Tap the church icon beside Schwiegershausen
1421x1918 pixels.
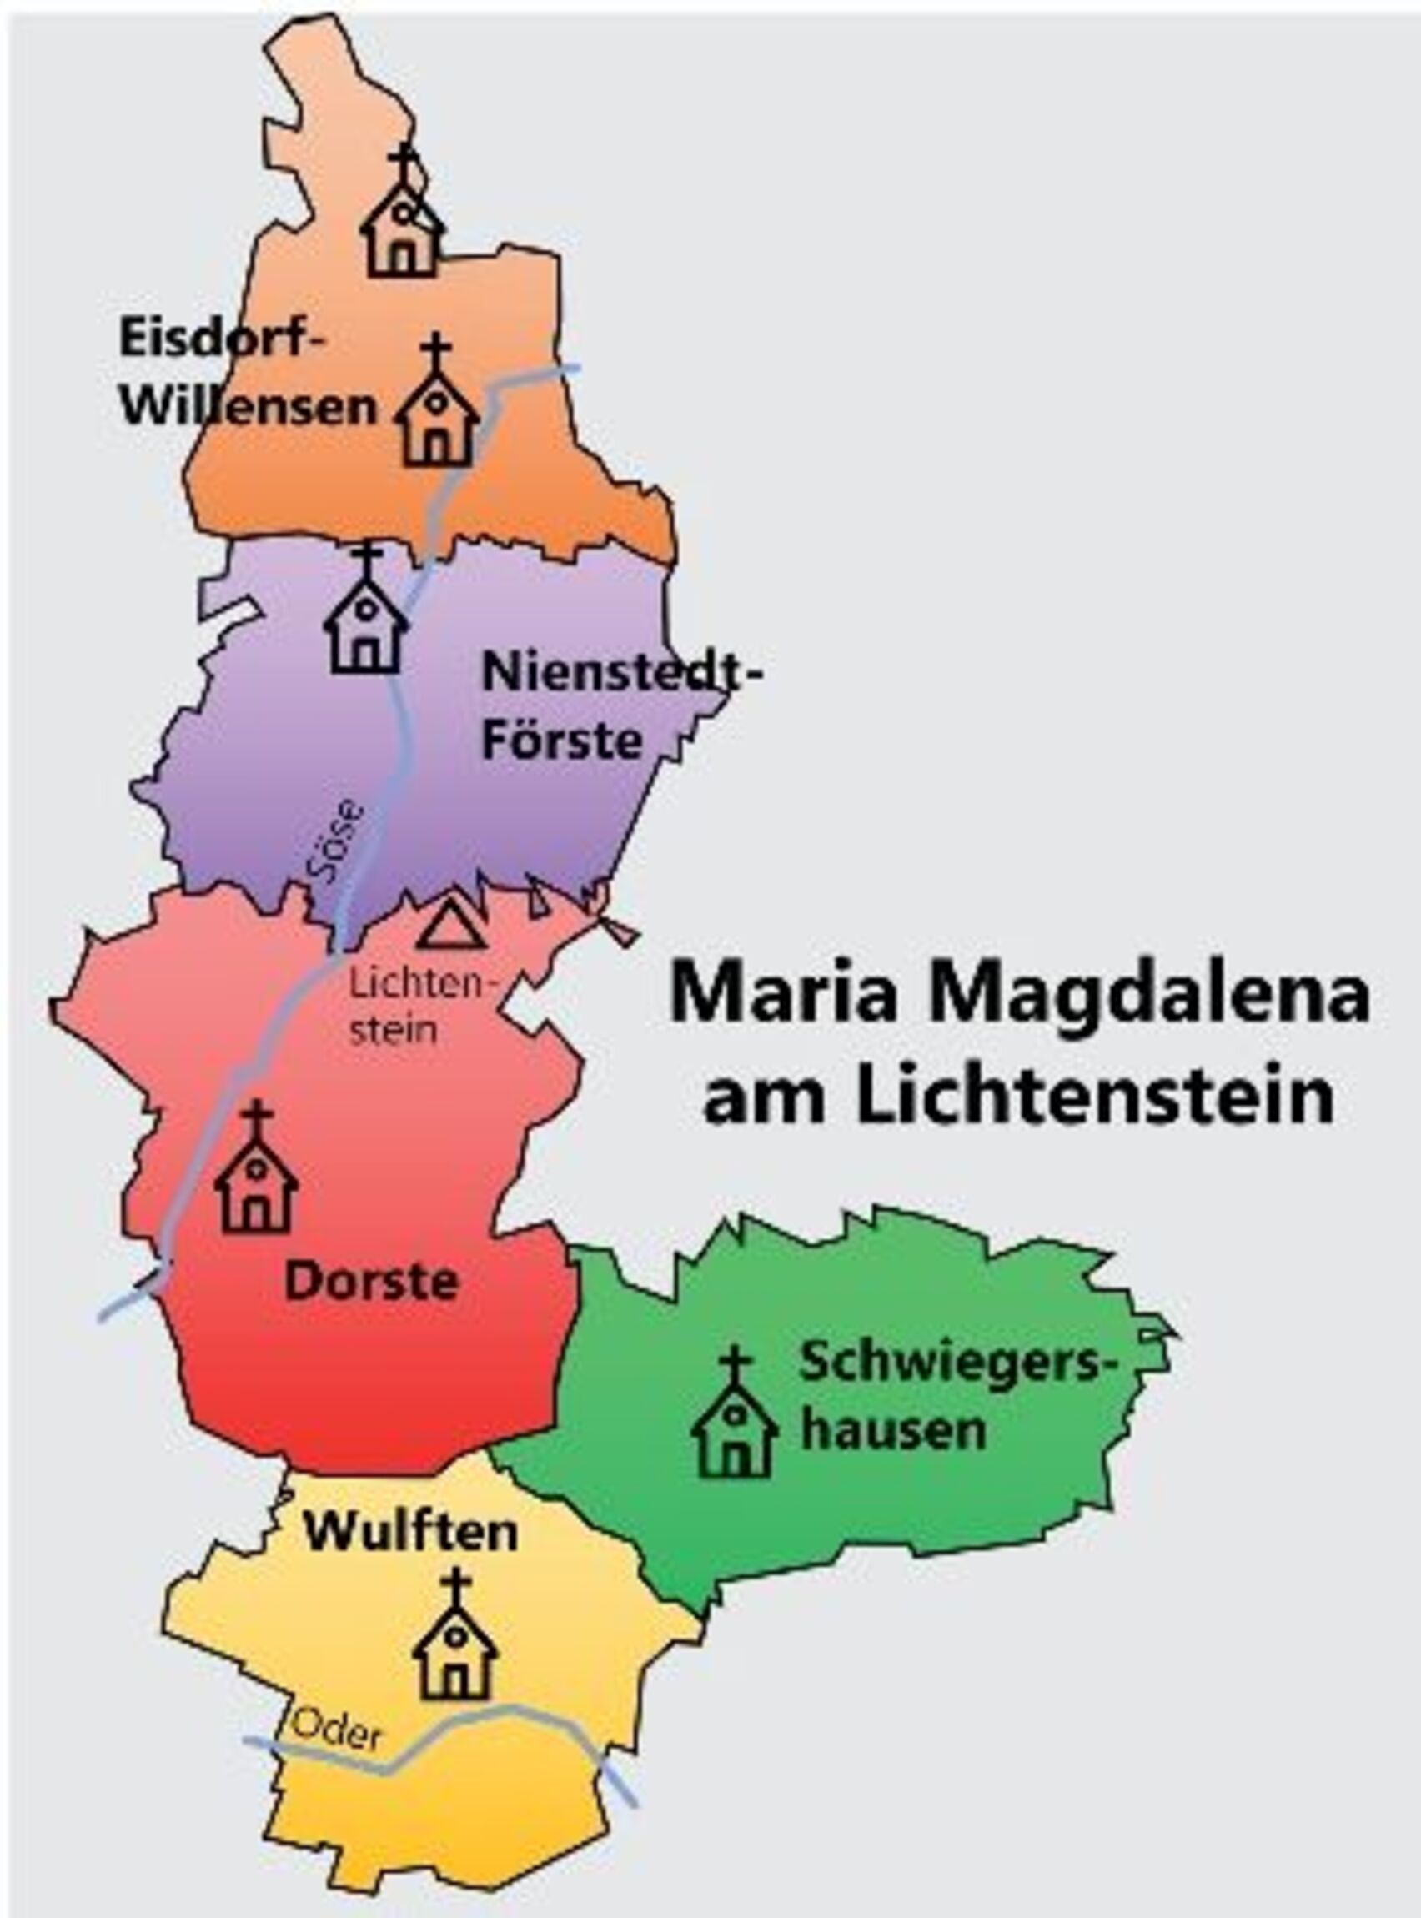[x=735, y=1414]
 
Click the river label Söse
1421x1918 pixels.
[x=335, y=842]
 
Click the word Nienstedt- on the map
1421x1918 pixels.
[x=622, y=673]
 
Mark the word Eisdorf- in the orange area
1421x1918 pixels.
[x=224, y=337]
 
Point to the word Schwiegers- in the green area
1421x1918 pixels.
[x=951, y=1363]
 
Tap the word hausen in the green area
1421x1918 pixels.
[x=893, y=1430]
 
